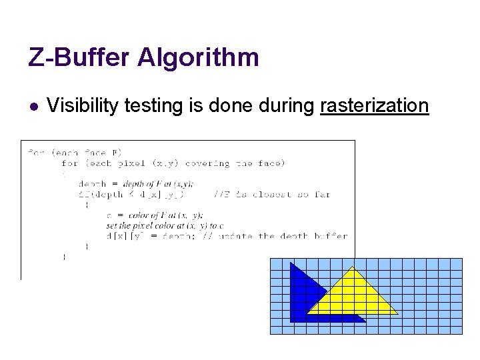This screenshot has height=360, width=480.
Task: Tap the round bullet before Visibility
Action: coord(33,106)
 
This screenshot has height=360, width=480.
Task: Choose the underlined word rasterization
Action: coord(374,105)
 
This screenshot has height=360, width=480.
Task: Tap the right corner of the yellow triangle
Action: coord(397,313)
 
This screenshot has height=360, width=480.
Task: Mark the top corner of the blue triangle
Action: coord(291,263)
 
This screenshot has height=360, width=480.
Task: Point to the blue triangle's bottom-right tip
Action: coord(365,322)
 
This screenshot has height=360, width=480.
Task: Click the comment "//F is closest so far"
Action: coord(271,195)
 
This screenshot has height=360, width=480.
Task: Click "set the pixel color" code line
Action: coord(164,225)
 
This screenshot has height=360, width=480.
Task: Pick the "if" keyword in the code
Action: coord(83,195)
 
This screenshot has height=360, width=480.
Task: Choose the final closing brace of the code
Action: coord(64,256)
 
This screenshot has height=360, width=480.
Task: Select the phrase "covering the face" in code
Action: coord(234,163)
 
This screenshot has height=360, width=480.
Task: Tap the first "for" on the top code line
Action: coord(36,152)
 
